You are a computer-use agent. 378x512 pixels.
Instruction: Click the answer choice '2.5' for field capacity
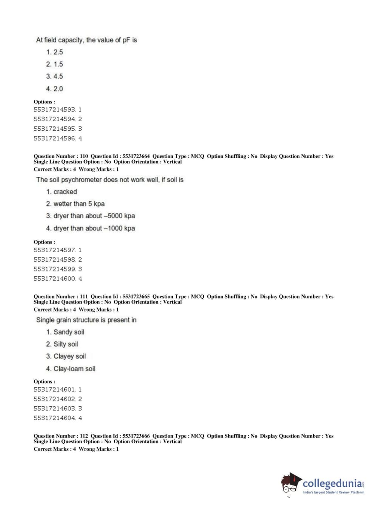pyautogui.click(x=54, y=52)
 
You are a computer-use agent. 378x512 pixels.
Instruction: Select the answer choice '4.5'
pyautogui.click(x=54, y=76)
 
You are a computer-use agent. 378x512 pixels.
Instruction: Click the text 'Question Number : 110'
pyautogui.click(x=61, y=156)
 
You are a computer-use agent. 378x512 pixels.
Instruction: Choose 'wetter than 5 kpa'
pyautogui.click(x=75, y=204)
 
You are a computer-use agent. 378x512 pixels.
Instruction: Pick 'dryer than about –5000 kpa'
pyautogui.click(x=90, y=216)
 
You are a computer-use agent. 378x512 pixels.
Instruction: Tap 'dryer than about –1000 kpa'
pyautogui.click(x=90, y=228)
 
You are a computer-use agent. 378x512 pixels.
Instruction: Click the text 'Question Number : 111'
pyautogui.click(x=61, y=296)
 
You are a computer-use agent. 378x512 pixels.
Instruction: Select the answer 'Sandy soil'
pyautogui.click(x=65, y=332)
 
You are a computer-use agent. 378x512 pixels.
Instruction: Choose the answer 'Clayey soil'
pyautogui.click(x=66, y=356)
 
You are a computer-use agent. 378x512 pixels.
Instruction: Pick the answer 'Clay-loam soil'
pyautogui.click(x=71, y=369)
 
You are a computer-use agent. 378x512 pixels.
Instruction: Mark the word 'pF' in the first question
pyautogui.click(x=127, y=40)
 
